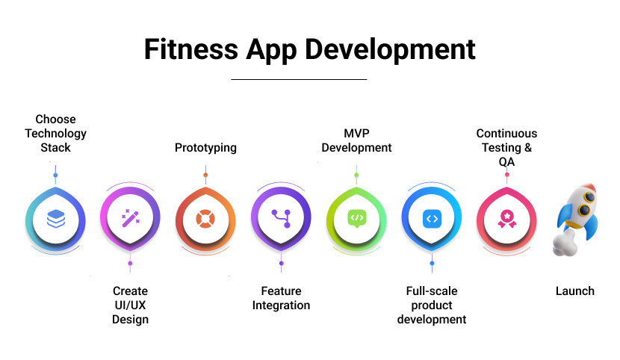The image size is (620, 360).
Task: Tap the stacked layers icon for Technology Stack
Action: [x=55, y=218]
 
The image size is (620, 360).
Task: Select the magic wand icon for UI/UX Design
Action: [x=130, y=218]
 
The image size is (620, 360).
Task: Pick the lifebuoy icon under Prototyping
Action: [x=205, y=218]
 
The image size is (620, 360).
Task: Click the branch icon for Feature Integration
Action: [x=281, y=218]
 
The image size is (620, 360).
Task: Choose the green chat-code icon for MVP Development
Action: [x=356, y=218]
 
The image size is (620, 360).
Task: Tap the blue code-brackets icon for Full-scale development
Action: [x=432, y=218]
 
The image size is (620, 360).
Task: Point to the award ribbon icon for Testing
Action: [x=506, y=218]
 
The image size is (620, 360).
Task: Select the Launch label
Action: [x=575, y=291]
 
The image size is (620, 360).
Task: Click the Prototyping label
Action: [x=205, y=148]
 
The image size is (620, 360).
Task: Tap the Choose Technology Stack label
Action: [x=55, y=134]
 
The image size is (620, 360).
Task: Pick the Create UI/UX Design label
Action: [x=130, y=305]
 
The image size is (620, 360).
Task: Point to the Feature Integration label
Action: [x=281, y=298]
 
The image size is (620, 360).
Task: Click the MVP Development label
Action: [x=356, y=140]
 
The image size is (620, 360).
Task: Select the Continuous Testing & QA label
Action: [x=506, y=148]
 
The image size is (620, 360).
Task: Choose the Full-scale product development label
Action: [x=432, y=305]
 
